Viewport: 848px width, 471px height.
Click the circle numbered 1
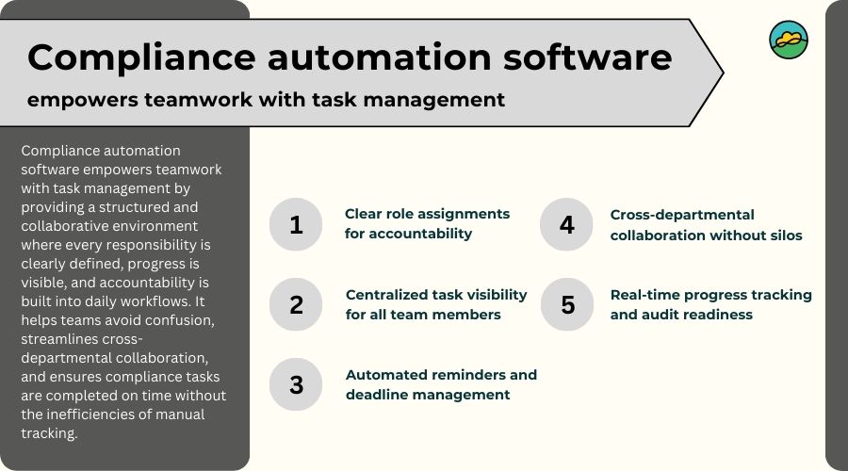(296, 224)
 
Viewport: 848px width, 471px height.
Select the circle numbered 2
(296, 304)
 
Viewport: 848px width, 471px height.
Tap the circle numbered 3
(296, 384)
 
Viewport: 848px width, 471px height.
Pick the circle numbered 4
(566, 224)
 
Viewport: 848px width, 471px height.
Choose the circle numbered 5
(566, 304)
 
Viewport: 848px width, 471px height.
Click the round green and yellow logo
(789, 41)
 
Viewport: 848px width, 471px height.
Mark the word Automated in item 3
(385, 375)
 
